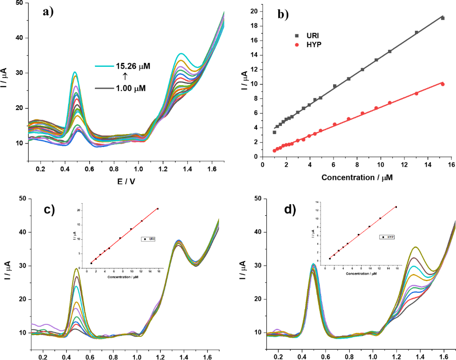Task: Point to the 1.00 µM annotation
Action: [x=130, y=88]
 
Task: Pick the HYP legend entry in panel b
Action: [x=312, y=45]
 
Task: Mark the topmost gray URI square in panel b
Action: [x=443, y=18]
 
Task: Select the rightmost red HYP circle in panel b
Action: [x=443, y=84]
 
